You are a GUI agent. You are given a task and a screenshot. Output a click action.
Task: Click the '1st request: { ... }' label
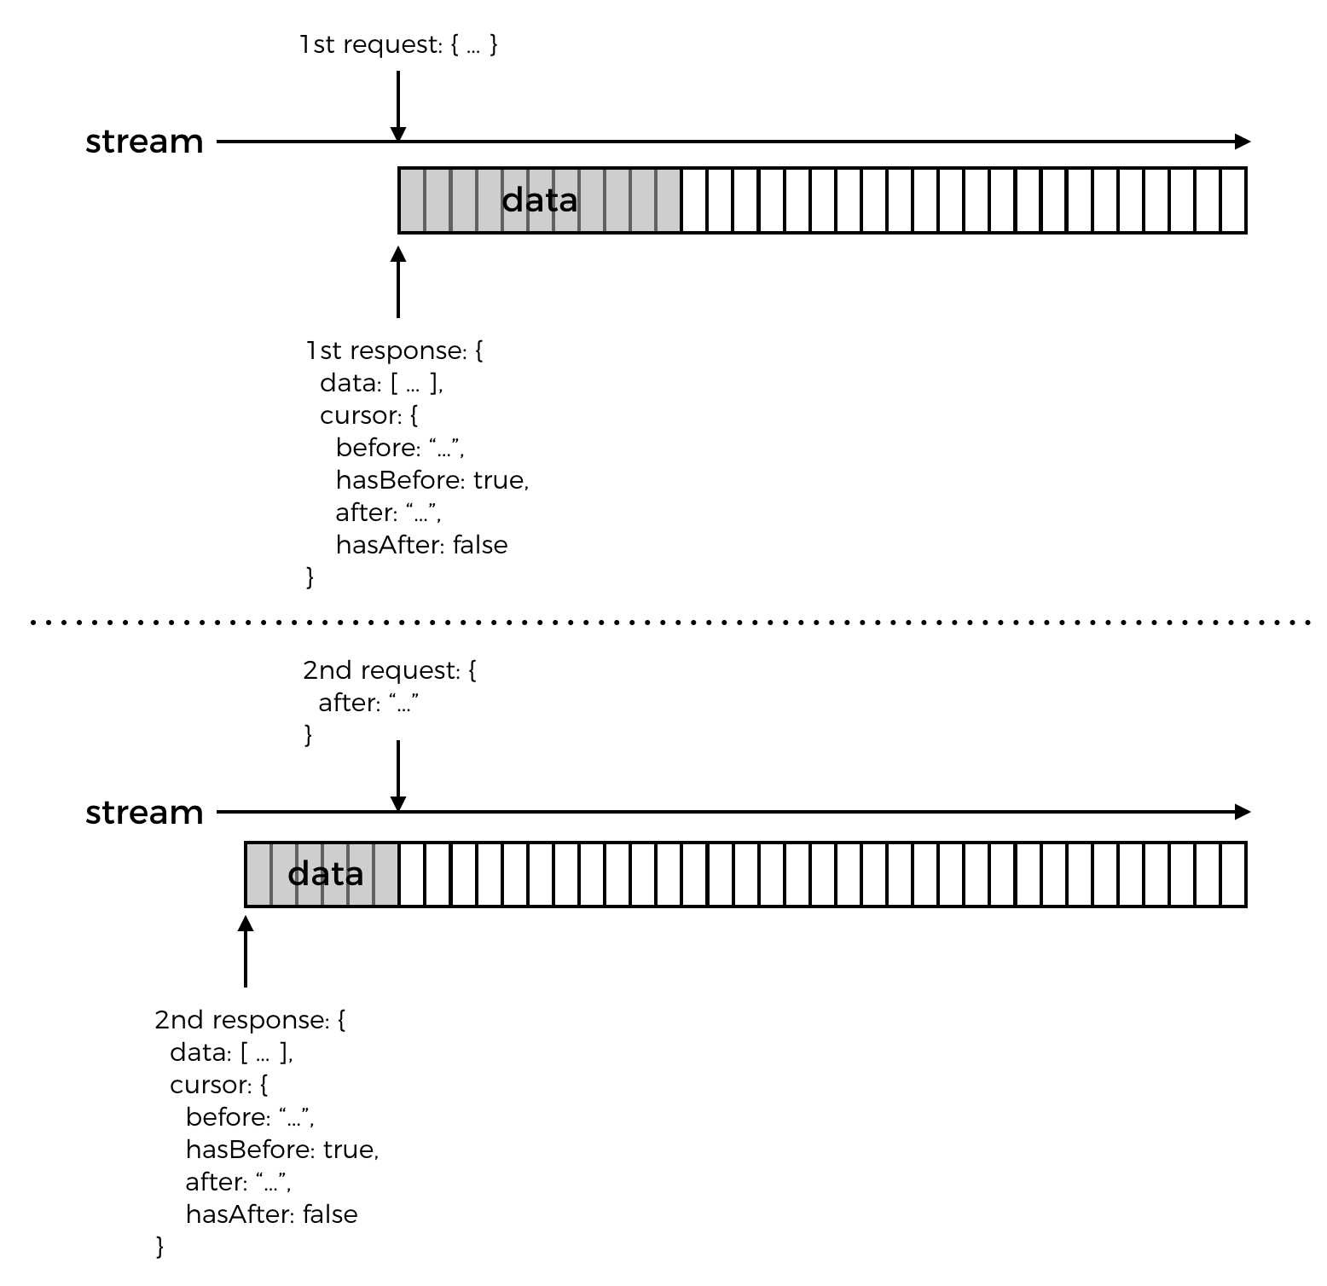[x=398, y=44]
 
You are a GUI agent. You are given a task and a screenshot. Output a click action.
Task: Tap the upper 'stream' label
[x=144, y=142]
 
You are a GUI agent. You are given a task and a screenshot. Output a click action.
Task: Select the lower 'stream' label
[x=144, y=812]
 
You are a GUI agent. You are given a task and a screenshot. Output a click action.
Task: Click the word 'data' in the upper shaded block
[x=539, y=200]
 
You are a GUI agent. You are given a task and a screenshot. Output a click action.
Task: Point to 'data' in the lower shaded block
[x=326, y=874]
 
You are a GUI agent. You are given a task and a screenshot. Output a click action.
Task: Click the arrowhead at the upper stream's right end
[x=1242, y=142]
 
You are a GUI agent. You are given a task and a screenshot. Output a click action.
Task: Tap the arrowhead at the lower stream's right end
[x=1242, y=812]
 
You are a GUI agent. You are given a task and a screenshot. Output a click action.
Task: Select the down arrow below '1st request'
[x=398, y=107]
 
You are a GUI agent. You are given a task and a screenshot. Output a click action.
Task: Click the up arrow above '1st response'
[x=398, y=281]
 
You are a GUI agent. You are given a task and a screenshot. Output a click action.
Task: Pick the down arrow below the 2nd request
[x=398, y=776]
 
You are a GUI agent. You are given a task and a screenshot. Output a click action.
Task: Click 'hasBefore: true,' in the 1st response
[x=432, y=480]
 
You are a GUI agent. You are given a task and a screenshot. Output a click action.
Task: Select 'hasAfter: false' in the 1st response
[x=421, y=545]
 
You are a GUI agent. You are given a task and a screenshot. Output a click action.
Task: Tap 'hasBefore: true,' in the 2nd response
[x=282, y=1150]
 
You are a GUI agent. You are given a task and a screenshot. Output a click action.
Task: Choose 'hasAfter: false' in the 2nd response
[x=271, y=1214]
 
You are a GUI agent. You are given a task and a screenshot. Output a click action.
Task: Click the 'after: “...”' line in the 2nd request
[x=368, y=703]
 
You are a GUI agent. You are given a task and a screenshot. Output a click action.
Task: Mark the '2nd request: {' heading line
[x=390, y=670]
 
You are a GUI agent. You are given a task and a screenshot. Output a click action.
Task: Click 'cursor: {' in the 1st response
[x=368, y=415]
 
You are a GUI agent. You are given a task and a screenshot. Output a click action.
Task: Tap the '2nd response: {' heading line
[x=250, y=1020]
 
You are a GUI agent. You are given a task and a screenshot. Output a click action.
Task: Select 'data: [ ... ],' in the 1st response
[x=381, y=383]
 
